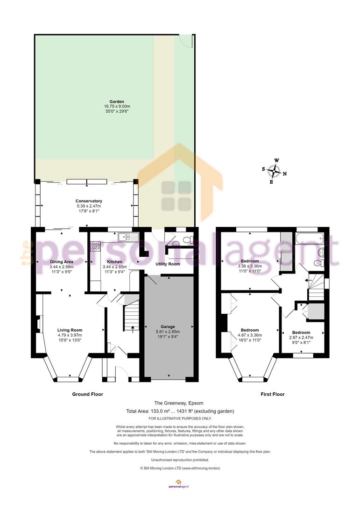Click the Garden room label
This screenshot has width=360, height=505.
(116, 101)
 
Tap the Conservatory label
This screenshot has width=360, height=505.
(89, 201)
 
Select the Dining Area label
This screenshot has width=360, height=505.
(62, 262)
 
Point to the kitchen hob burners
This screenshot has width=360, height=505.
(96, 246)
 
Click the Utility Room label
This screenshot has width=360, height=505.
(168, 264)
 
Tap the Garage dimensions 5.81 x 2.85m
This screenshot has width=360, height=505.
(168, 332)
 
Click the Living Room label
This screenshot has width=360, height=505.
(70, 330)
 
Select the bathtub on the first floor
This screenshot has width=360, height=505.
(309, 238)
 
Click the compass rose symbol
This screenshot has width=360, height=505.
(274, 171)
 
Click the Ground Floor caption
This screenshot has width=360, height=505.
(87, 394)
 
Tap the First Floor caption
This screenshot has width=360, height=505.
(273, 394)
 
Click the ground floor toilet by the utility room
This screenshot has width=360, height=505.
(188, 239)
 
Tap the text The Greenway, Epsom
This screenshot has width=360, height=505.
(179, 403)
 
